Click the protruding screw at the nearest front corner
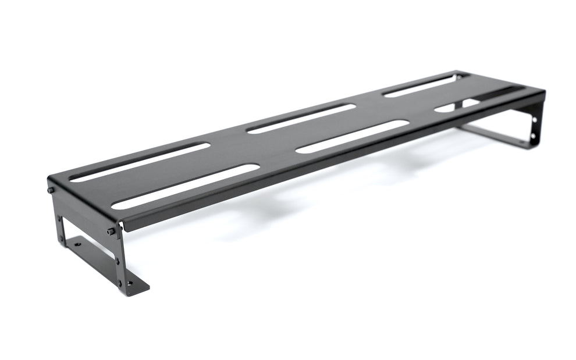(x=111, y=232)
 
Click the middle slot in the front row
(x=352, y=137)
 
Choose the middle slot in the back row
(x=301, y=118)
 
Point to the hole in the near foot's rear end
(x=78, y=245)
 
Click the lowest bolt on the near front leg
(x=120, y=283)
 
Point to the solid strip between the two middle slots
(x=326, y=128)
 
